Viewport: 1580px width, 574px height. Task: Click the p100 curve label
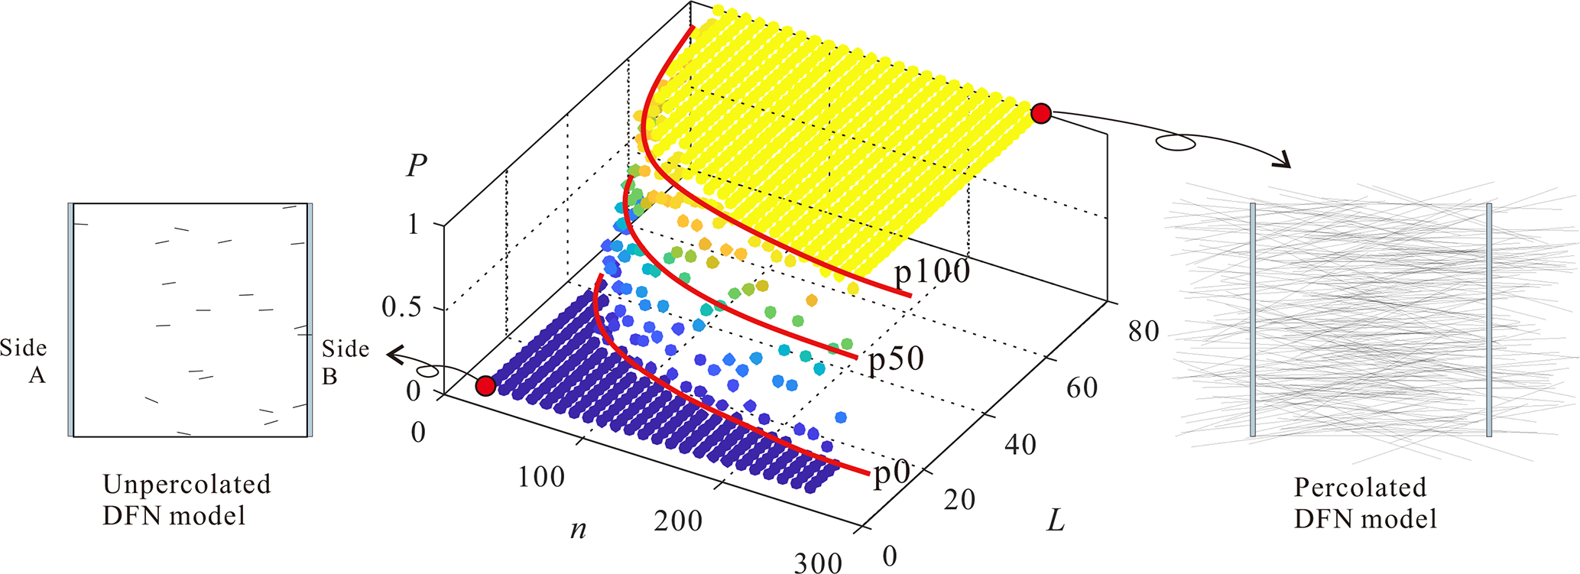932,272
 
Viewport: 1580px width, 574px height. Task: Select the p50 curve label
896,359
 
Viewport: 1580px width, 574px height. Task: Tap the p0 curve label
891,474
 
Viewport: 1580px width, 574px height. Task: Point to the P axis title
416,166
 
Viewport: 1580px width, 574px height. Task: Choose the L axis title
1056,521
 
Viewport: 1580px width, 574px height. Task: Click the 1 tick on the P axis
414,225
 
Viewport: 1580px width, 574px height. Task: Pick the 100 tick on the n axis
541,478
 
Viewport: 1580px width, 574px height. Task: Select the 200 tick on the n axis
678,521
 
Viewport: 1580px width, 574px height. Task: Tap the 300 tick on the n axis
817,563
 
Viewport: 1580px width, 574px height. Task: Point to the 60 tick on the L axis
1082,388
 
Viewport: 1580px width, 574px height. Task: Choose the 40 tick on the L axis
1020,445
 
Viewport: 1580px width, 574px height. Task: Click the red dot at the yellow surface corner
1041,114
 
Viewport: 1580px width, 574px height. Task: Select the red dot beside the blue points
485,386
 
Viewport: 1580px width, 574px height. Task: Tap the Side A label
24,362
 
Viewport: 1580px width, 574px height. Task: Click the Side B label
345,362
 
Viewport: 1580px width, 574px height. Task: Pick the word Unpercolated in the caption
187,485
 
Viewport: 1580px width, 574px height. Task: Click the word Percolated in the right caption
1360,487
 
